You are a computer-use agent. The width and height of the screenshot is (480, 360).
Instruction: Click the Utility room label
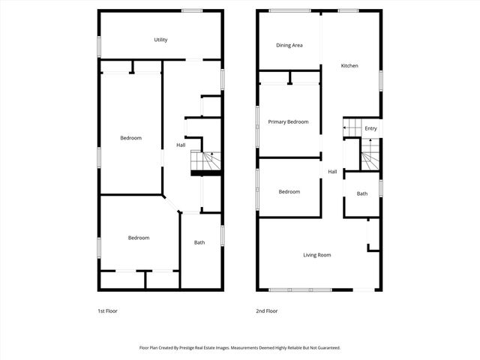pos(160,40)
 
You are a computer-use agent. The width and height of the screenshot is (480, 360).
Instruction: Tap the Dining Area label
pos(289,46)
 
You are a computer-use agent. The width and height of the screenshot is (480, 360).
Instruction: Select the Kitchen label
pos(349,66)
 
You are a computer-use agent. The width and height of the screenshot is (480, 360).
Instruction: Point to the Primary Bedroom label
pos(289,121)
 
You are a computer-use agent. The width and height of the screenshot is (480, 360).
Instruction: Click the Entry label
pos(370,129)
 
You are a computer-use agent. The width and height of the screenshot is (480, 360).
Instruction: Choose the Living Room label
pos(316,255)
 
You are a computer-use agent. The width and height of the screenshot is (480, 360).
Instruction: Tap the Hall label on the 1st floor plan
pos(181,145)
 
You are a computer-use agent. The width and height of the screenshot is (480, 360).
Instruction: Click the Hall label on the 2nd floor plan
pos(332,172)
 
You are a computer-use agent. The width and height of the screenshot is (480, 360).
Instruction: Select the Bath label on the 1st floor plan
pos(199,242)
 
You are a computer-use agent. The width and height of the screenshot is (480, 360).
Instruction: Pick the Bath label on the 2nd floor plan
pos(362,194)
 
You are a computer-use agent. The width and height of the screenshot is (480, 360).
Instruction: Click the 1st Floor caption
pos(107,310)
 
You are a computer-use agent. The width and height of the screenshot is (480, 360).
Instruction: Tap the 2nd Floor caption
pos(267,310)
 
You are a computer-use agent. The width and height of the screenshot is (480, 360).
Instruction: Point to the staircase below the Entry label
pos(370,157)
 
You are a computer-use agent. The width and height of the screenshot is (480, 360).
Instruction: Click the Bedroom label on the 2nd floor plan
pos(289,192)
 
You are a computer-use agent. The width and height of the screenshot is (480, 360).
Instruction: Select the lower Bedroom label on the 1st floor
pos(138,238)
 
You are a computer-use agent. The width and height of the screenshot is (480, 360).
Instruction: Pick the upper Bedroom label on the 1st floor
pos(131,138)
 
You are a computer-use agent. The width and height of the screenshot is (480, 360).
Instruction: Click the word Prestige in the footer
pos(202,348)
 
